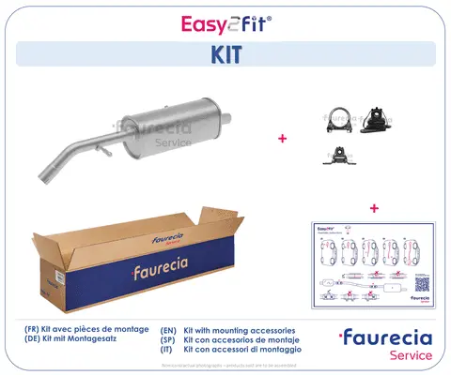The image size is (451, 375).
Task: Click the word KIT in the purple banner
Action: [225, 55]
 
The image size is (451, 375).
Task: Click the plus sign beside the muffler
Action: [282, 139]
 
